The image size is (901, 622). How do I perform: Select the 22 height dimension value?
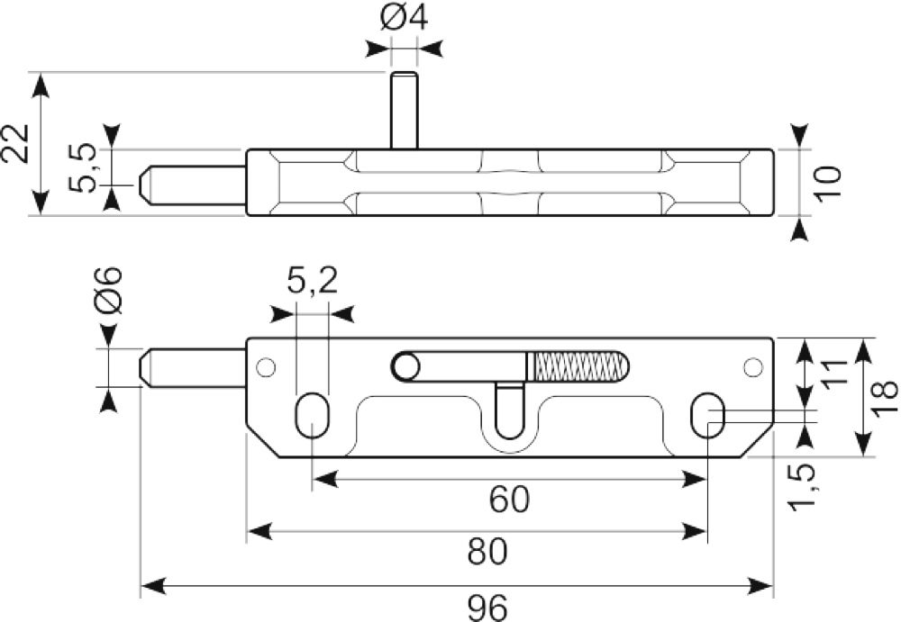click(x=15, y=143)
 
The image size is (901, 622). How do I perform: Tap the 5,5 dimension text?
click(x=82, y=167)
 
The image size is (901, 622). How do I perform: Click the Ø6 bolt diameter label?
click(x=108, y=290)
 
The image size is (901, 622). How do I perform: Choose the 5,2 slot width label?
click(x=312, y=282)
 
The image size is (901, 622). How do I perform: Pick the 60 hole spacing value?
click(x=510, y=499)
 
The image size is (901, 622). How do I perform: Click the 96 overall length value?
click(x=487, y=607)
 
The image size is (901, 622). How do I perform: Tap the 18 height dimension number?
click(x=885, y=397)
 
